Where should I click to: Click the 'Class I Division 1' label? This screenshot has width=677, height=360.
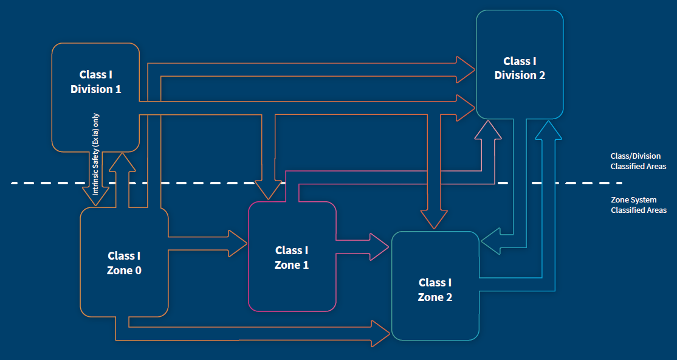tap(96, 82)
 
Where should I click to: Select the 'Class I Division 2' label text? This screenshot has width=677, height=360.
tap(520, 68)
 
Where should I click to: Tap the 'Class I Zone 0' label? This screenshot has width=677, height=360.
tap(124, 263)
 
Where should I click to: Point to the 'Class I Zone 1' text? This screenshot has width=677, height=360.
tap(292, 258)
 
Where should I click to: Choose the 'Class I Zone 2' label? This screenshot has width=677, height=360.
tap(435, 290)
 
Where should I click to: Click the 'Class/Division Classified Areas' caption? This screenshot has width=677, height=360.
tap(638, 161)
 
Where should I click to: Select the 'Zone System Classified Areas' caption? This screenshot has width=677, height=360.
tap(638, 205)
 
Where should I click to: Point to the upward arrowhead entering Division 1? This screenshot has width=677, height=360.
tap(124, 162)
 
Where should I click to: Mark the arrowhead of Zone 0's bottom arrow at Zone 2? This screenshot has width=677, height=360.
tap(381, 334)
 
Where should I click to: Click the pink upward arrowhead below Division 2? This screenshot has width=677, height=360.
tap(488, 130)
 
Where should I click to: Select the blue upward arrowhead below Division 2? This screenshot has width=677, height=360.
tap(548, 130)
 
